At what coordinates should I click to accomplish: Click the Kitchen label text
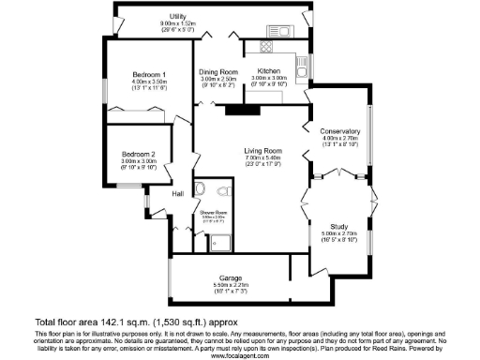point(270,71)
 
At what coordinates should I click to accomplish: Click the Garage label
point(232,277)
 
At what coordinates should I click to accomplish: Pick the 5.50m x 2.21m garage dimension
point(232,286)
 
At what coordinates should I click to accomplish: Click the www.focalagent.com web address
point(239,354)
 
